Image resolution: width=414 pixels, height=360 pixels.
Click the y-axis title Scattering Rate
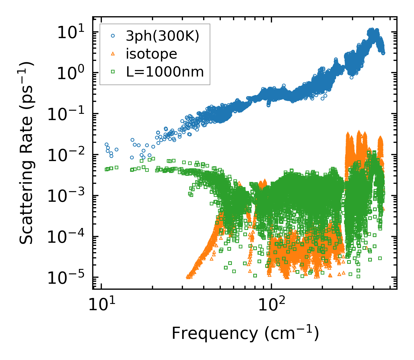(26, 153)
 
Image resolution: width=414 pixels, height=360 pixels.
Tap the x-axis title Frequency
(245, 334)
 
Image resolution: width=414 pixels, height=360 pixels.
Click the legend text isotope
(151, 54)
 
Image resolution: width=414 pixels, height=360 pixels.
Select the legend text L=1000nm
(165, 72)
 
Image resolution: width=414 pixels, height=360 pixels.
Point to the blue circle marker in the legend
(113, 36)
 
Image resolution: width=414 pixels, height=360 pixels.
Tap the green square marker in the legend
(113, 72)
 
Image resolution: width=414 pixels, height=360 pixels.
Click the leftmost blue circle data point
(106, 144)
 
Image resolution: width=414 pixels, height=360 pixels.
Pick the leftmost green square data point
(106, 169)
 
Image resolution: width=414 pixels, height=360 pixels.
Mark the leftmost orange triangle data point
(188, 276)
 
